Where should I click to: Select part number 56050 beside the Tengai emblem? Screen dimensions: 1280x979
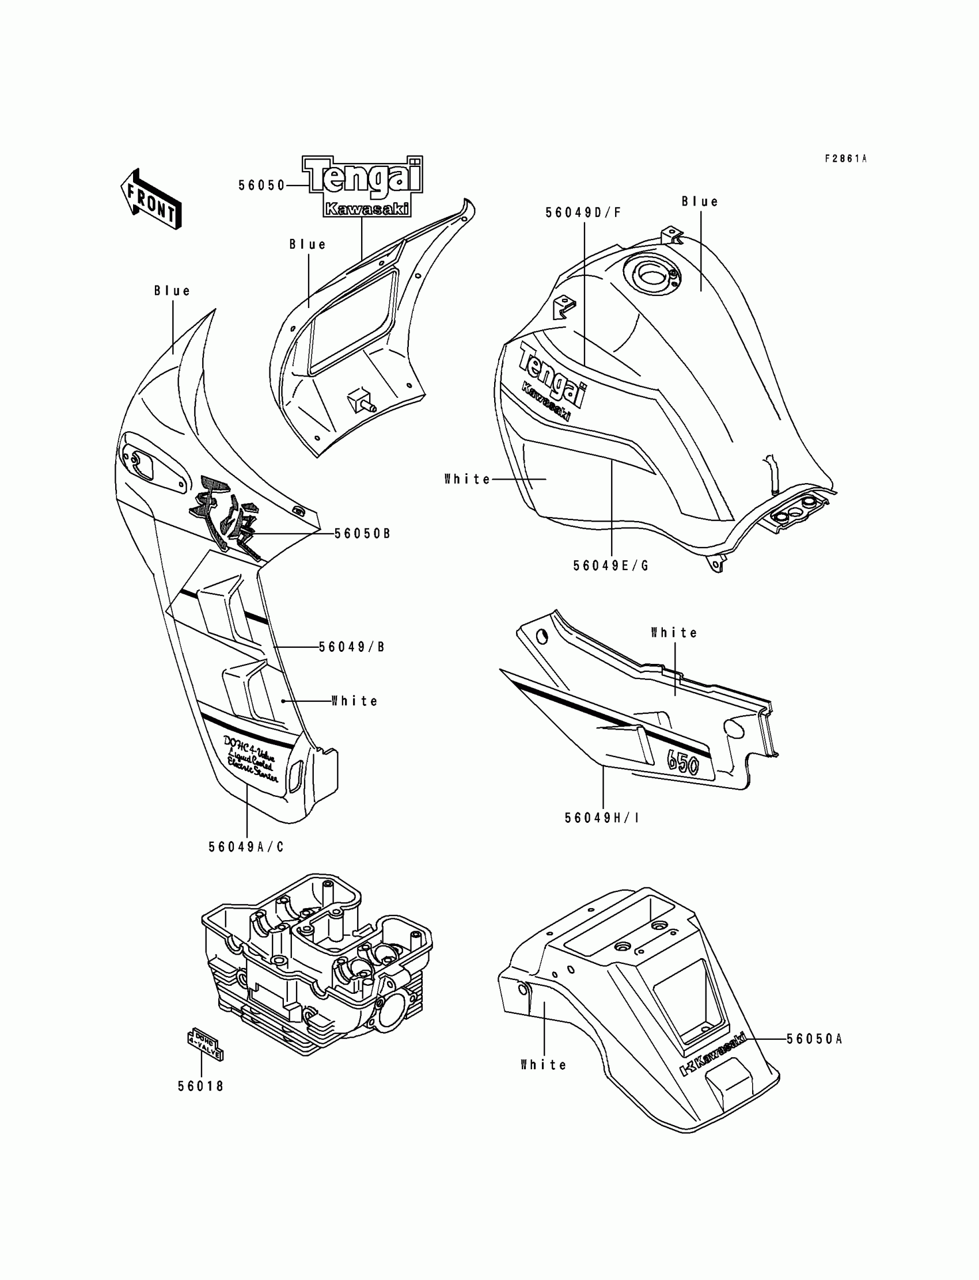[261, 185]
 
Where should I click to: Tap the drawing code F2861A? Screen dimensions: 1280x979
[845, 158]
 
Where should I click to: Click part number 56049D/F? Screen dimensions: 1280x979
[583, 212]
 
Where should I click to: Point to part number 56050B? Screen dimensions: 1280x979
[362, 533]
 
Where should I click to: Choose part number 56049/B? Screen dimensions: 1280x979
[351, 647]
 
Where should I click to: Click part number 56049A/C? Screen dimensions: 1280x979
[246, 846]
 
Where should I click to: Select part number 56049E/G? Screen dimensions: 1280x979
[610, 565]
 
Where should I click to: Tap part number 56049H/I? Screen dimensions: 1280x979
[602, 818]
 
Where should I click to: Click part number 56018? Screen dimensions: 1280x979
[201, 1086]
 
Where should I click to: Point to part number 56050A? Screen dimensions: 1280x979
[814, 1039]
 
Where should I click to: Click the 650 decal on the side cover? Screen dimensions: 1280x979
[683, 761]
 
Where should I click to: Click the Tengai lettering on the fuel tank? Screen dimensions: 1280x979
[552, 374]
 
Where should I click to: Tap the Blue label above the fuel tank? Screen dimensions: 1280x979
[700, 202]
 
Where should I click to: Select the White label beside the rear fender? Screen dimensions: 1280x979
[543, 1065]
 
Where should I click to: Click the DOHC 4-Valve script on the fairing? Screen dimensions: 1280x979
[249, 758]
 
